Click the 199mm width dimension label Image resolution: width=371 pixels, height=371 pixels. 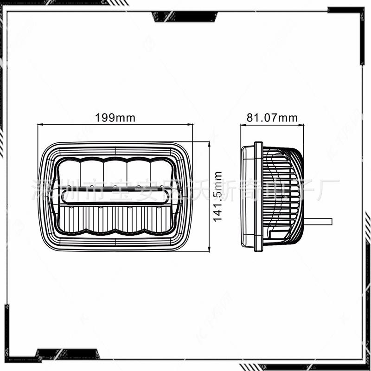(115, 118)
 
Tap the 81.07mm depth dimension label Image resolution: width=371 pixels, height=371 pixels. (272, 118)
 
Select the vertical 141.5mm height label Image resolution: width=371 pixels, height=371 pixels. (218, 196)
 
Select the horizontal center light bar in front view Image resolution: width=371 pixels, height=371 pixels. (115, 197)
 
